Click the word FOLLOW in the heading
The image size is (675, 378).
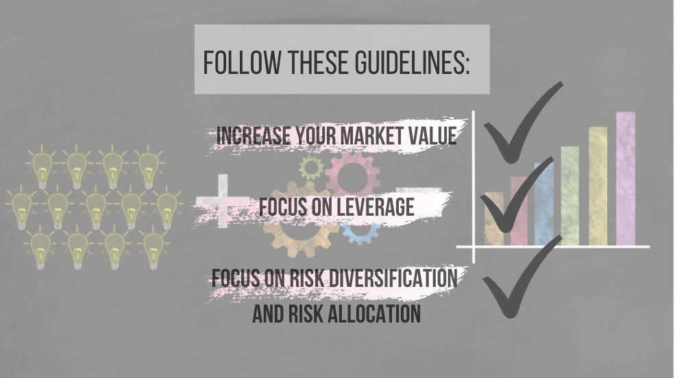241,63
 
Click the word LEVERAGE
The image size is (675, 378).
376,207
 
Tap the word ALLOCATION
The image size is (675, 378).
374,314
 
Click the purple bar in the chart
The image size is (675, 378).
626,179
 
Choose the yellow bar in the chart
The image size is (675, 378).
598,186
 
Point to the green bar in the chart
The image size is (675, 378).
570,196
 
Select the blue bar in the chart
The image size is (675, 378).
543,204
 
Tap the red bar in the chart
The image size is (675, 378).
519,211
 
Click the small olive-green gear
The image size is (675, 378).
311,168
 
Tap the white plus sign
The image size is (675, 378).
223,201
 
